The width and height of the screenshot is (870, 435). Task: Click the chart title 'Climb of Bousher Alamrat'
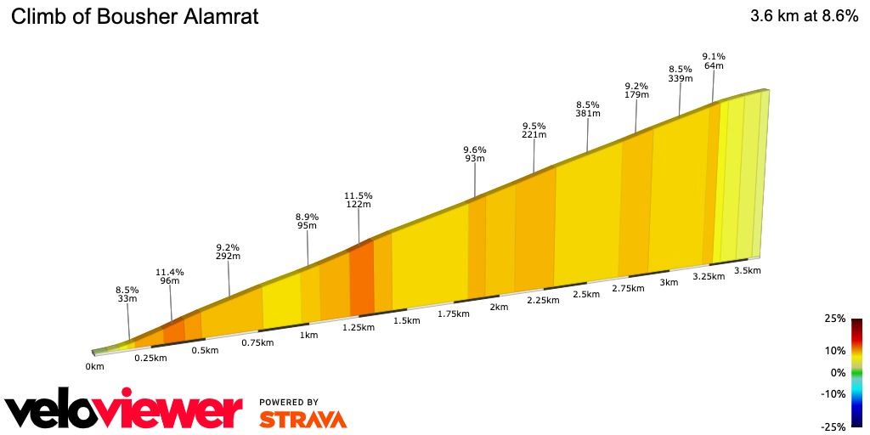click(x=135, y=16)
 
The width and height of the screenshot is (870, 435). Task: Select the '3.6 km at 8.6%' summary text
click(x=804, y=16)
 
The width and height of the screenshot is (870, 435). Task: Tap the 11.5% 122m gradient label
click(x=359, y=200)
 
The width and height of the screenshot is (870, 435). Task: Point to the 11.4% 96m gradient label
click(x=170, y=277)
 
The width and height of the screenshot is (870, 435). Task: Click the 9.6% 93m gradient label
click(x=474, y=153)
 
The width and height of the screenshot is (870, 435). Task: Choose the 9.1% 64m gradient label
click(x=713, y=61)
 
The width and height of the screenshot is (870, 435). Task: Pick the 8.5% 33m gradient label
click(x=127, y=294)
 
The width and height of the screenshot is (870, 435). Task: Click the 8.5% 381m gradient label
click(x=587, y=110)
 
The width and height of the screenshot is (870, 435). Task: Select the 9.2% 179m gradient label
click(x=636, y=90)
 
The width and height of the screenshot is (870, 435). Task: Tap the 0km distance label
click(x=94, y=367)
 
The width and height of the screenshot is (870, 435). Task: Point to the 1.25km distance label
click(x=358, y=327)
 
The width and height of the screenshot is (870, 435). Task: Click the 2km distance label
click(x=498, y=307)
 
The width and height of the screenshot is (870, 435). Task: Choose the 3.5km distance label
click(x=747, y=270)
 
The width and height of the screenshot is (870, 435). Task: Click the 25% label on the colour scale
click(x=835, y=319)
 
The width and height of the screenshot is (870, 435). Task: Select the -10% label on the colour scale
click(x=833, y=393)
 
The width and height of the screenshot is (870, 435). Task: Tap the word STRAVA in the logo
click(x=302, y=420)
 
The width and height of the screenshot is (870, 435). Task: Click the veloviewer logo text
click(x=123, y=410)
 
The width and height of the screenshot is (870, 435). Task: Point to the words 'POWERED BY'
click(x=289, y=402)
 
